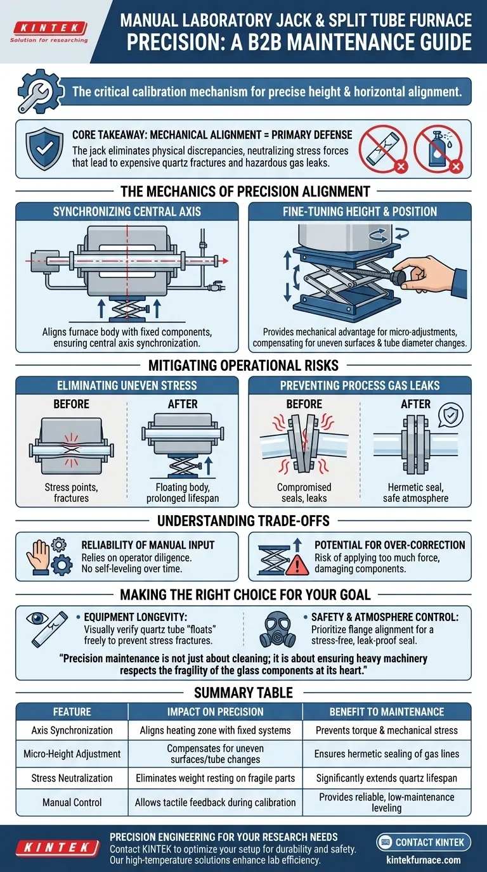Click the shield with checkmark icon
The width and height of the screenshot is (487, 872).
click(x=44, y=147)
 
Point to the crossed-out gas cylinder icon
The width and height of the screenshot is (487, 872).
click(x=438, y=149)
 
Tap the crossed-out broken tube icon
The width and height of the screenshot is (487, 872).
click(x=384, y=149)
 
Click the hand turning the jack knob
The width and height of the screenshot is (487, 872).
click(x=432, y=279)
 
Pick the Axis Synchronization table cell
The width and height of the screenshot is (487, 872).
click(x=72, y=730)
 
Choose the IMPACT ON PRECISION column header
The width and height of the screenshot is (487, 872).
click(x=215, y=712)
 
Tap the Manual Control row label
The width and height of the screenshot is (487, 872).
click(x=72, y=802)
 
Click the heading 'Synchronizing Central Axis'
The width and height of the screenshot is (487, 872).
click(x=127, y=211)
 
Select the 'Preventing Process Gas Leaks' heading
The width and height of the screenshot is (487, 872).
click(x=360, y=385)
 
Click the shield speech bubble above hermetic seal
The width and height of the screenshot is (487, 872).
click(x=451, y=416)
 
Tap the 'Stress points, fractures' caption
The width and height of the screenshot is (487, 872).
click(x=72, y=492)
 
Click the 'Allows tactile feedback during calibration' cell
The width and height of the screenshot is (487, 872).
click(x=215, y=802)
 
